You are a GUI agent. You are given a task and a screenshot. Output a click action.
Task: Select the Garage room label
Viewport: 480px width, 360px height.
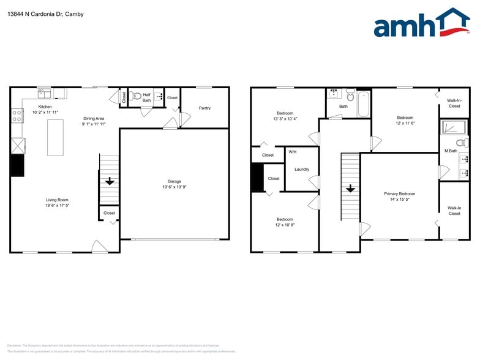pos(174,181)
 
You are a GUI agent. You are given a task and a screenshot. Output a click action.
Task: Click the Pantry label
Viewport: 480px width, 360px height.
pos(204,108)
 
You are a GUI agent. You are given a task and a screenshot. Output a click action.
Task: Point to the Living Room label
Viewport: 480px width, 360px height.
pos(56,200)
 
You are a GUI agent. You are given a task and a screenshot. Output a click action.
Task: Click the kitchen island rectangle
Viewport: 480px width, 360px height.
pos(55,137)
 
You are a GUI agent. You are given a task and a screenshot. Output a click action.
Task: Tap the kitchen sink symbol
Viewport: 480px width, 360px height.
pos(44,94)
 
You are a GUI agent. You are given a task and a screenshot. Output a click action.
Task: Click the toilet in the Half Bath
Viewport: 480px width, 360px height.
pos(136,96)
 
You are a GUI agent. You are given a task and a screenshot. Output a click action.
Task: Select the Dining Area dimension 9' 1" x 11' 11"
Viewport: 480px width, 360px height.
pos(94,124)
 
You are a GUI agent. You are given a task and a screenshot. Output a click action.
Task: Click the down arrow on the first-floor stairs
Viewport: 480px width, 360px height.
pos(109,181)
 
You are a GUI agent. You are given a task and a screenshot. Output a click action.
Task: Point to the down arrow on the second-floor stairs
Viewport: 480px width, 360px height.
pos(350,188)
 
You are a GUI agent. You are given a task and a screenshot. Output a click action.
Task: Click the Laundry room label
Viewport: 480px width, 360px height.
pos(301,169)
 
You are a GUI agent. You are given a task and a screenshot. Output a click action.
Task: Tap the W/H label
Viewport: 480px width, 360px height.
pos(292,152)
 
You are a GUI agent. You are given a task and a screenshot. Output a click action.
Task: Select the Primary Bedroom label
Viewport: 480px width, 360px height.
pos(399,194)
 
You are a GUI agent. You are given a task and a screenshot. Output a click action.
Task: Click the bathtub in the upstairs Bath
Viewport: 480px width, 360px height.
pos(364,103)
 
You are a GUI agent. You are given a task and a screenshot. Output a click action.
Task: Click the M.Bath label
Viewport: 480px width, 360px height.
pos(451,151)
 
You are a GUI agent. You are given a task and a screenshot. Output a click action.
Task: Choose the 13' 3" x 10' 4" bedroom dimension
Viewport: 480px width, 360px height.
pos(285,119)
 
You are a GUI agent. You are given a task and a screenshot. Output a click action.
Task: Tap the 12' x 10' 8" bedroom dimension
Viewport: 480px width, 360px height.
pos(284,225)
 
